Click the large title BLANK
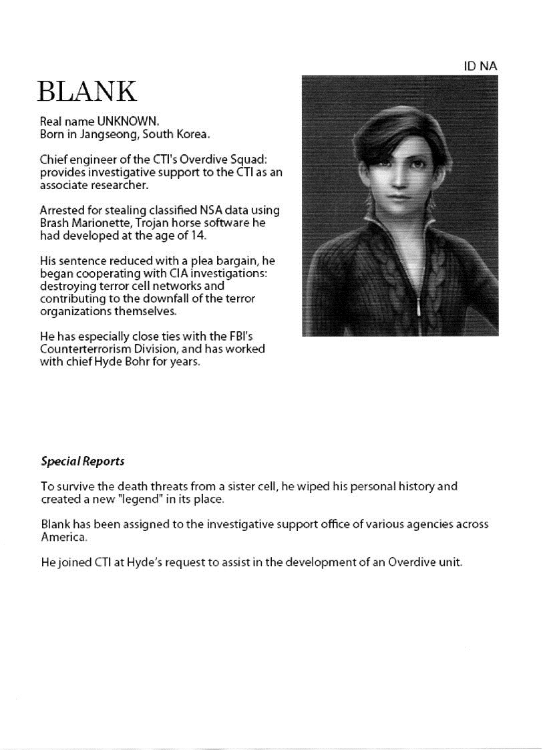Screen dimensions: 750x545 coord(87,91)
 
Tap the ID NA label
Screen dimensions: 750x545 coord(480,66)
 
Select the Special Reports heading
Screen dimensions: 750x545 coord(82,461)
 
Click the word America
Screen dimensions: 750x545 coord(63,536)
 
